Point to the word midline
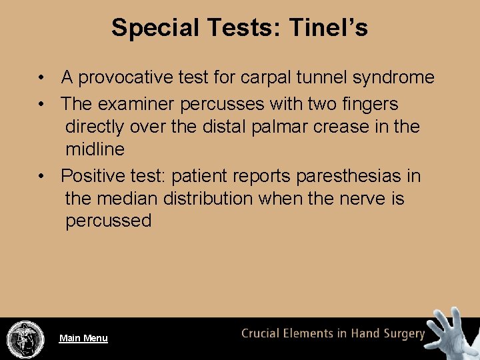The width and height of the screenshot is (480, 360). [95, 149]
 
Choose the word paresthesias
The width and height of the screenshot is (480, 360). [349, 177]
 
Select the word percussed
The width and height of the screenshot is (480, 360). [108, 221]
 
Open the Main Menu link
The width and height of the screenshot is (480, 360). [83, 338]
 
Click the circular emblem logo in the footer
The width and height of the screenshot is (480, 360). [25, 339]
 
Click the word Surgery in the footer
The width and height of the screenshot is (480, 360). [400, 334]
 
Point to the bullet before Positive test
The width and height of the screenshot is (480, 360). [42, 177]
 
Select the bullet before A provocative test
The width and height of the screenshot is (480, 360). [42, 78]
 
